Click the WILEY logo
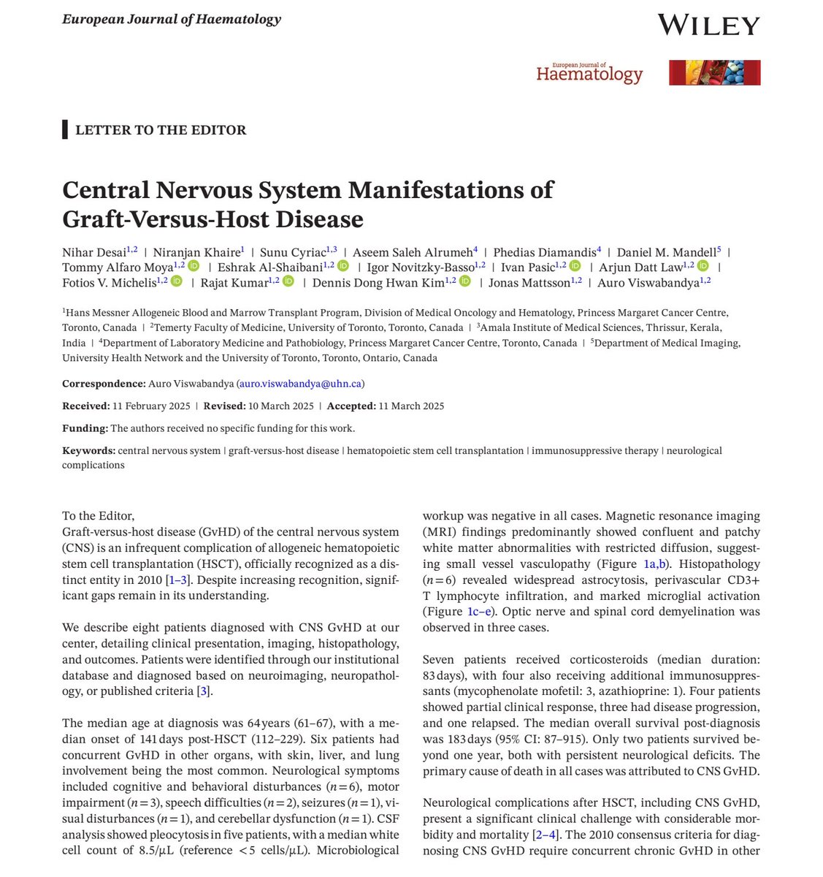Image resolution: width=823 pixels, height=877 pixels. pyautogui.click(x=708, y=25)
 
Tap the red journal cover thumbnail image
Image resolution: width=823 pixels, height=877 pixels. pyautogui.click(x=714, y=73)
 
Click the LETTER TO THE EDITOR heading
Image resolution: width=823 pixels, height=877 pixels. pyautogui.click(x=161, y=131)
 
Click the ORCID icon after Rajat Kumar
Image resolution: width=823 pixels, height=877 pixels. pyautogui.click(x=288, y=282)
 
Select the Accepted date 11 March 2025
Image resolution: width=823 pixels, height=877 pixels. pyautogui.click(x=411, y=406)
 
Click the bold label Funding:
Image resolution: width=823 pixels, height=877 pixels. pyautogui.click(x=85, y=429)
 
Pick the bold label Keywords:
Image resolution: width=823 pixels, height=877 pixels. pyautogui.click(x=88, y=451)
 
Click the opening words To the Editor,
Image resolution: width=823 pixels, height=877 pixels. pyautogui.click(x=99, y=516)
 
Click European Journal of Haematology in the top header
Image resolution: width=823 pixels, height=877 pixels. pyautogui.click(x=171, y=20)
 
